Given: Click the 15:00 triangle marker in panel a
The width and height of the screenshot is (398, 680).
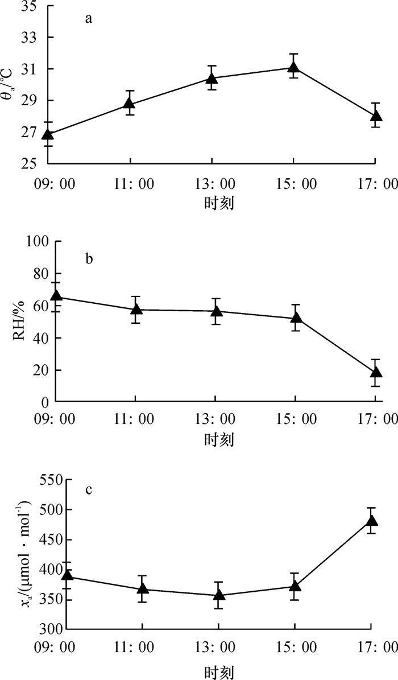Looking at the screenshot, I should [x=293, y=68].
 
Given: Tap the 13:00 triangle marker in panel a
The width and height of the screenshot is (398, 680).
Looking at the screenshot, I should [x=212, y=79].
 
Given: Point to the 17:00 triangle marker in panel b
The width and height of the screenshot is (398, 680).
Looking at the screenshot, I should [x=375, y=373].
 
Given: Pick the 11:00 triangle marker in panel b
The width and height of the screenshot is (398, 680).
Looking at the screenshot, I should [x=135, y=310].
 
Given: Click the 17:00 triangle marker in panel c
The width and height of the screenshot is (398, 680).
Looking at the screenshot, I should [x=371, y=521].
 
